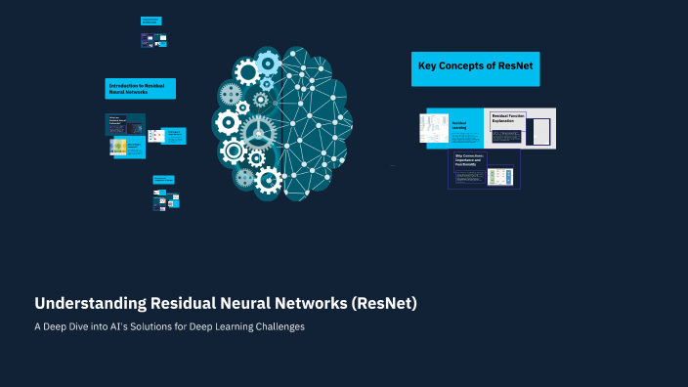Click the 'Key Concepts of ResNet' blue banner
[x=475, y=67]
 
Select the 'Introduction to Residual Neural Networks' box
[x=140, y=89]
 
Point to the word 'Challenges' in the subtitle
[x=277, y=326]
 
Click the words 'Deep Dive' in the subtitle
[x=68, y=326]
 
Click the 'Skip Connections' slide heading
[x=470, y=157]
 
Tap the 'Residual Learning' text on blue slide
[x=459, y=125]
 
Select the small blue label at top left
[x=150, y=21]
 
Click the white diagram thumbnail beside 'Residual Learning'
[x=434, y=128]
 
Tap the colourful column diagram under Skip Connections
[x=500, y=176]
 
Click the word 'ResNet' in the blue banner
[x=513, y=67]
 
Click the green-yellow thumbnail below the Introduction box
[x=118, y=148]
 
